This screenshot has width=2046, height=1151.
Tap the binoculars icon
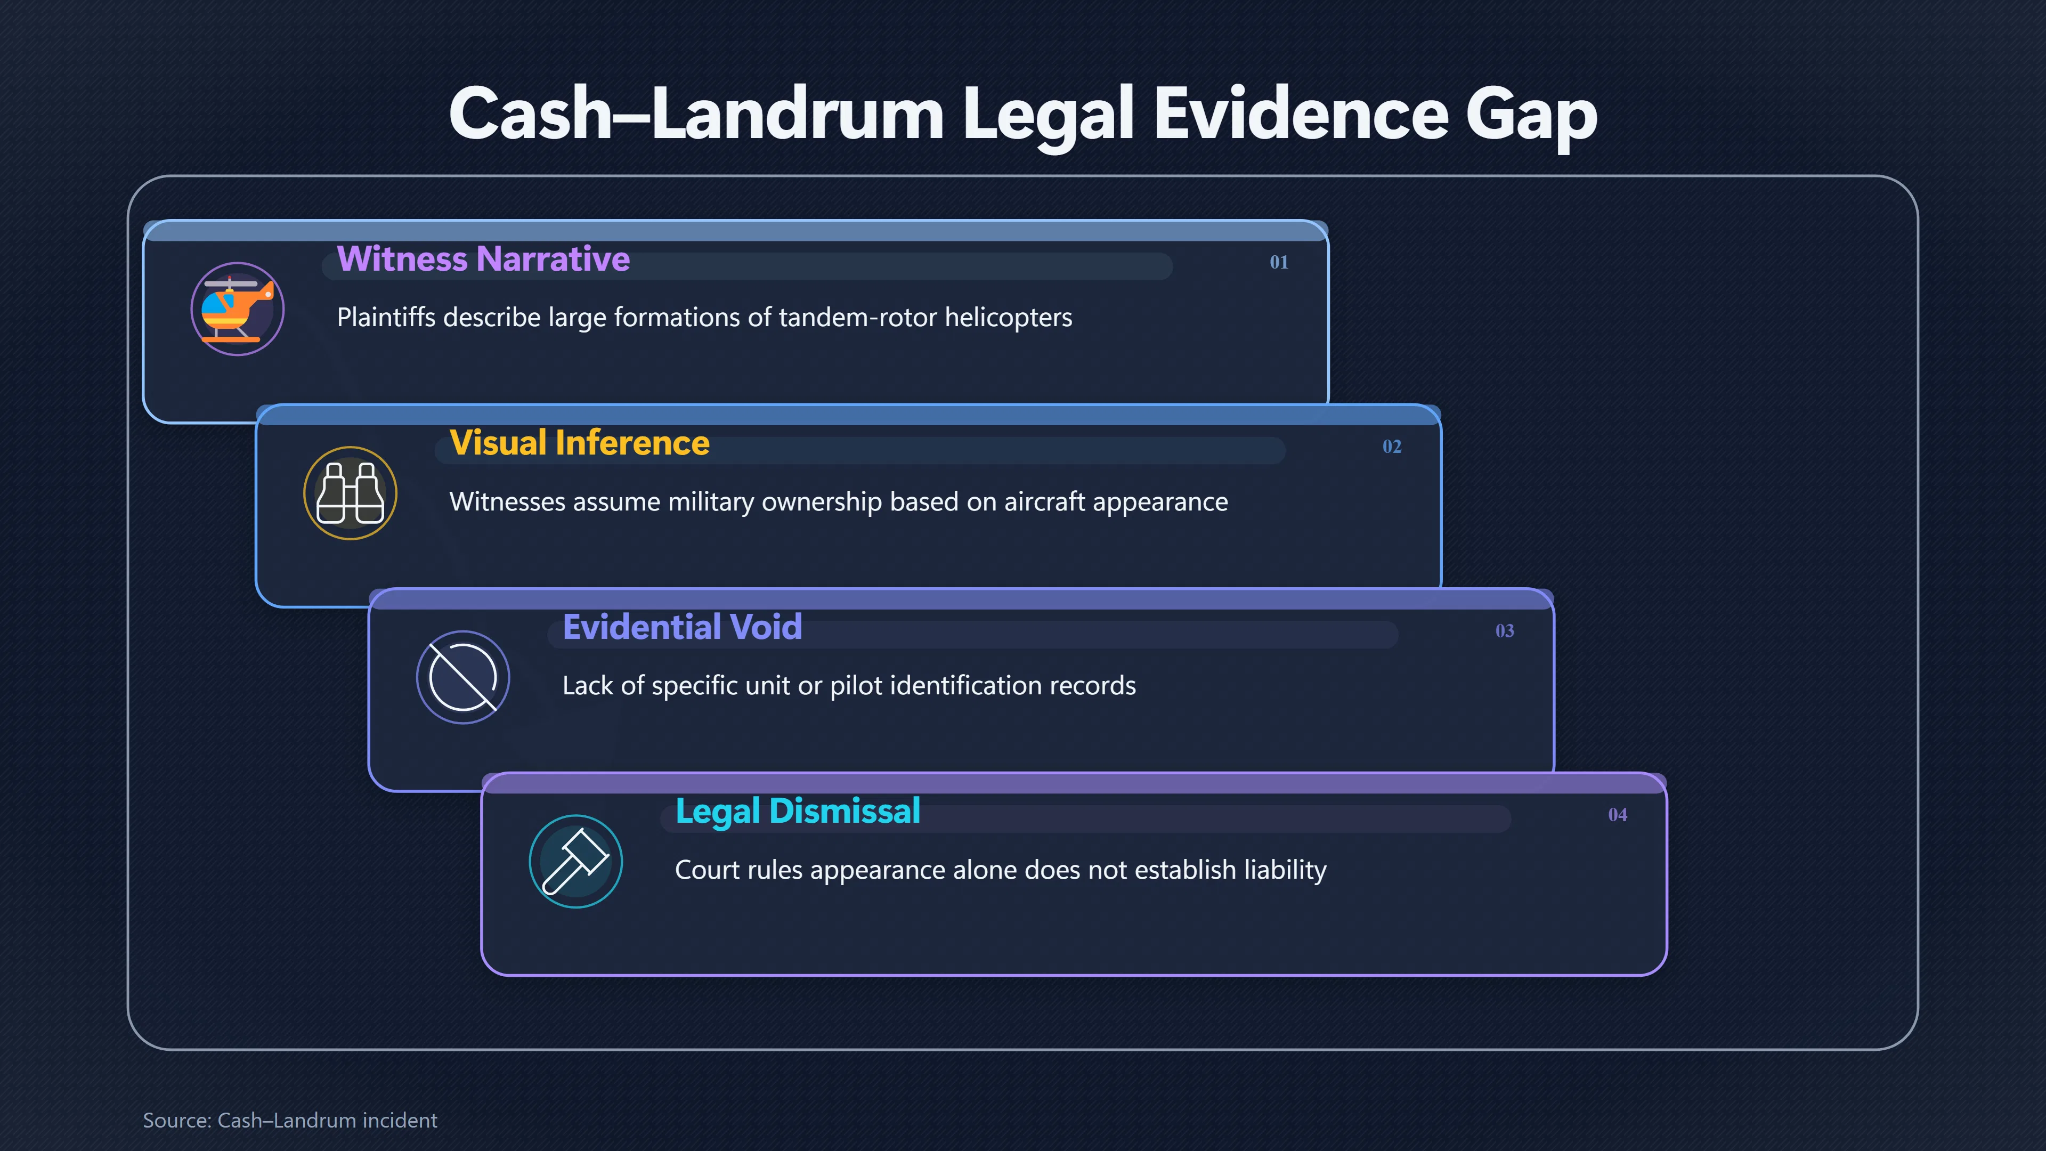350,493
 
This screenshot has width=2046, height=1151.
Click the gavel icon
576,862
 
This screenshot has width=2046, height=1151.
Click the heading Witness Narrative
483,259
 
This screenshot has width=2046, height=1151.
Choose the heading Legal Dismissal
798,812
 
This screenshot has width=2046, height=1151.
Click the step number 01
1279,262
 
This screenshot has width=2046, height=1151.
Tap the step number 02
1392,447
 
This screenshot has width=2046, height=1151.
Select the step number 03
1504,631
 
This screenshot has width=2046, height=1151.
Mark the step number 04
1617,815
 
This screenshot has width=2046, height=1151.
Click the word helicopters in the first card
1008,318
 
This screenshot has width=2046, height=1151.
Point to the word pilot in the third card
853,685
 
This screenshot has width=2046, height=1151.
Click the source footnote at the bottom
290,1120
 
